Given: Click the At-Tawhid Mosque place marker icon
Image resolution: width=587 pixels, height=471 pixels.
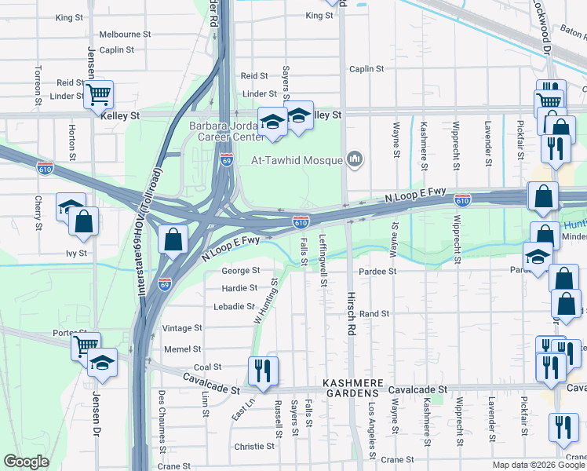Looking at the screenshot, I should pyautogui.click(x=355, y=160).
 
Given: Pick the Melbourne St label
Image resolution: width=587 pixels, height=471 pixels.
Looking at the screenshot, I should pyautogui.click(x=125, y=35).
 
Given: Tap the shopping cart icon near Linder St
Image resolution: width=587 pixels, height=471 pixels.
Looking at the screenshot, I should pyautogui.click(x=99, y=95).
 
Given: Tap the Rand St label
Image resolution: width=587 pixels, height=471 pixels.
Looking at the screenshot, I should pyautogui.click(x=374, y=313).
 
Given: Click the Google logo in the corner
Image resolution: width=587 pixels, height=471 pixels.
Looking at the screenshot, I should pyautogui.click(x=26, y=462).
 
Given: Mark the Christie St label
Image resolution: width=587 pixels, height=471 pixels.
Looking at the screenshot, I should pyautogui.click(x=254, y=446).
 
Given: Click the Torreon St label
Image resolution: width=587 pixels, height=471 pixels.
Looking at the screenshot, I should pyautogui.click(x=37, y=85).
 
